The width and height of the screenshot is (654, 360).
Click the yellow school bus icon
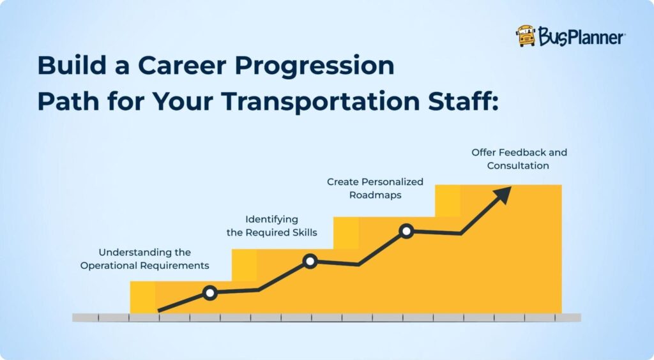click(526, 36)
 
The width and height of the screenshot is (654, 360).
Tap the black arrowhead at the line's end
click(503, 194)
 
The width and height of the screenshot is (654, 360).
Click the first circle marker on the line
click(209, 293)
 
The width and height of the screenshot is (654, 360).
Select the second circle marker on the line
click(310, 260)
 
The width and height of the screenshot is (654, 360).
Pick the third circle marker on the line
click(406, 231)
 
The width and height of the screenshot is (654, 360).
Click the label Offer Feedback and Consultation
click(519, 159)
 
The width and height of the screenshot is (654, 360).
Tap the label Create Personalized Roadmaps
click(375, 188)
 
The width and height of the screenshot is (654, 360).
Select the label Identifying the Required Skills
click(271, 225)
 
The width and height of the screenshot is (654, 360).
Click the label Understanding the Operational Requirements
click(144, 259)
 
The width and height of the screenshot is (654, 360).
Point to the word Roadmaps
click(375, 195)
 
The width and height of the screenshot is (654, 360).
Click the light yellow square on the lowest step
click(142, 297)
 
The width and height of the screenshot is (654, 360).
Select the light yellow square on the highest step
click(447, 200)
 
